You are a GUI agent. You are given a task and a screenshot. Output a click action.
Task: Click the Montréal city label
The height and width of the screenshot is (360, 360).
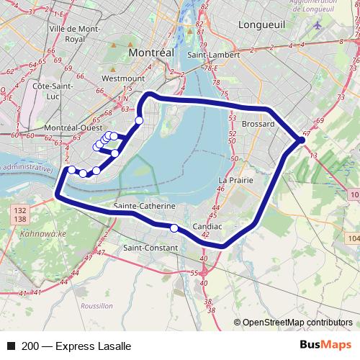(151, 53)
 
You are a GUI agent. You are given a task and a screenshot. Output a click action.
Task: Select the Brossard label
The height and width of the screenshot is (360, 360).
(258, 124)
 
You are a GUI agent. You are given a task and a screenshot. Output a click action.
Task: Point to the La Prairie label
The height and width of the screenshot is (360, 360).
(235, 179)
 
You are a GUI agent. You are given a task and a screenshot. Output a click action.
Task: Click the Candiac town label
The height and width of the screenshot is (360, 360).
(207, 227)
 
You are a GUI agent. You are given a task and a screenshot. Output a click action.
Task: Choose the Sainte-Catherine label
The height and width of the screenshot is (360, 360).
(145, 206)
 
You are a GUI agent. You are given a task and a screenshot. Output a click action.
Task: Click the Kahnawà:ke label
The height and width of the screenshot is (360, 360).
(42, 235)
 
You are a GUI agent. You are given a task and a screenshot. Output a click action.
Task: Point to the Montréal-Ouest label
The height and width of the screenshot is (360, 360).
(73, 127)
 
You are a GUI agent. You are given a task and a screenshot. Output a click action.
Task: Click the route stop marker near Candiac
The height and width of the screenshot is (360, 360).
(174, 228)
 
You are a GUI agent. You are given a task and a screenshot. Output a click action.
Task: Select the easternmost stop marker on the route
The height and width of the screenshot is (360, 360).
(301, 140)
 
